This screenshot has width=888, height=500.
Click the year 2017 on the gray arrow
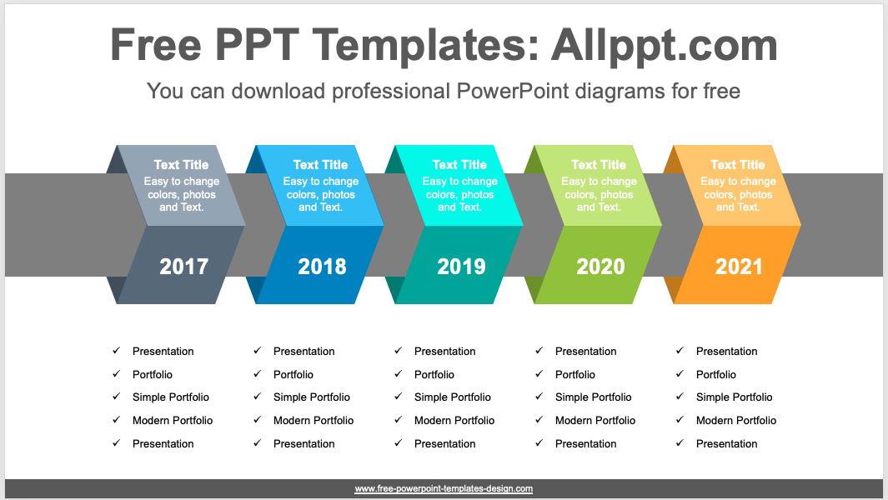183,267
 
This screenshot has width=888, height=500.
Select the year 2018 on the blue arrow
322,267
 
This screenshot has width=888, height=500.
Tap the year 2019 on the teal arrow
461,267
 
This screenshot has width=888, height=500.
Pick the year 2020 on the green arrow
600,267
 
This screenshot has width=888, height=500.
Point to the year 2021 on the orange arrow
739,267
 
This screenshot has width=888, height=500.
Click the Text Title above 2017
181,165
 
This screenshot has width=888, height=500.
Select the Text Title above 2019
459,165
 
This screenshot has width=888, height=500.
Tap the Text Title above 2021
737,165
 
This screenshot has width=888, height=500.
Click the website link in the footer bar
444,489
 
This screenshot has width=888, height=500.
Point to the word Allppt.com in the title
664,46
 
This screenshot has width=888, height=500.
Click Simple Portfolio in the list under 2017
170,397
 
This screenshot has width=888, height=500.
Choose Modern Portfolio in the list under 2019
454,421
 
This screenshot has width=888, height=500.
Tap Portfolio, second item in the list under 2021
715,375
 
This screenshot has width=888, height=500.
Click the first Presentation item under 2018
304,352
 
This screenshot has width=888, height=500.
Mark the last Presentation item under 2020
585,444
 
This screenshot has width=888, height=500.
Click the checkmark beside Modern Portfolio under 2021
680,420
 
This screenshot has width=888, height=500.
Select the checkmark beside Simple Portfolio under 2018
257,397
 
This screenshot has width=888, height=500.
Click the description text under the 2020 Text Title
598,194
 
